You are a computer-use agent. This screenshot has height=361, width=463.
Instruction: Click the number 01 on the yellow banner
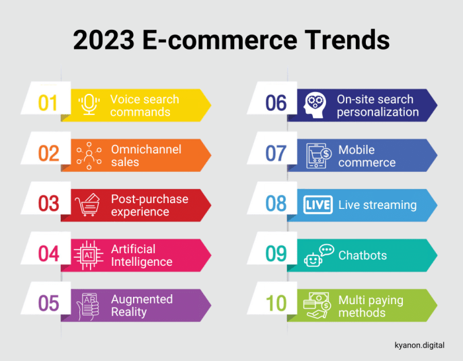click(x=48, y=104)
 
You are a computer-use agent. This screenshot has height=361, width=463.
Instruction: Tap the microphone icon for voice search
click(x=88, y=104)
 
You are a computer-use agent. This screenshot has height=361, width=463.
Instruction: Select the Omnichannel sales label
click(x=146, y=155)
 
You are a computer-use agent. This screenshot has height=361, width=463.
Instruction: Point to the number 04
click(x=48, y=254)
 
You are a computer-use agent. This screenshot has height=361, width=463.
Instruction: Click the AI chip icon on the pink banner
click(x=88, y=254)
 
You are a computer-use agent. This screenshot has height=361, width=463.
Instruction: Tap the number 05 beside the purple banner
click(x=48, y=304)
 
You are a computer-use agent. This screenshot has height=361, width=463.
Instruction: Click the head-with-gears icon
click(x=315, y=104)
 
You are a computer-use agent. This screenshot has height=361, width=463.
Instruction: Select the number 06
click(x=276, y=104)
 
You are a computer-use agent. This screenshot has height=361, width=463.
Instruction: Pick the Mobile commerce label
click(x=366, y=156)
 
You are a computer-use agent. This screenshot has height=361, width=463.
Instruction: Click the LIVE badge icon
click(x=317, y=204)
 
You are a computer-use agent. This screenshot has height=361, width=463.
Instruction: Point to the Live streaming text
click(x=377, y=205)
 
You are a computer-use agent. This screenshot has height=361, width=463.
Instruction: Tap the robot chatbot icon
click(x=316, y=255)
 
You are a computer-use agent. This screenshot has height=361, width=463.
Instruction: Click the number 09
click(x=276, y=255)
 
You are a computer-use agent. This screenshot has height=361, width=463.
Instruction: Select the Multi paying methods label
click(x=370, y=306)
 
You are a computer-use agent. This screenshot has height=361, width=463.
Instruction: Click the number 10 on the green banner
click(x=276, y=304)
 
